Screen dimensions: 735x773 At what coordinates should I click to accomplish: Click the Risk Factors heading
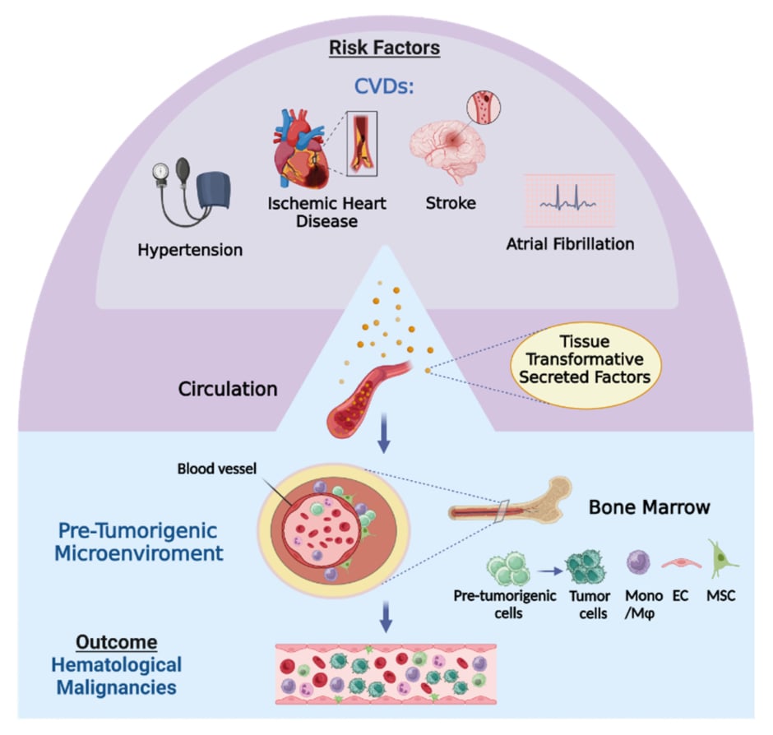(384, 48)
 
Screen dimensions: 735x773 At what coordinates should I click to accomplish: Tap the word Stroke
(450, 202)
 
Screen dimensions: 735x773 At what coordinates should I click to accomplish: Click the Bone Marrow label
(648, 507)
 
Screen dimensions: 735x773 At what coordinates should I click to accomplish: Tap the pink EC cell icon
(679, 569)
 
